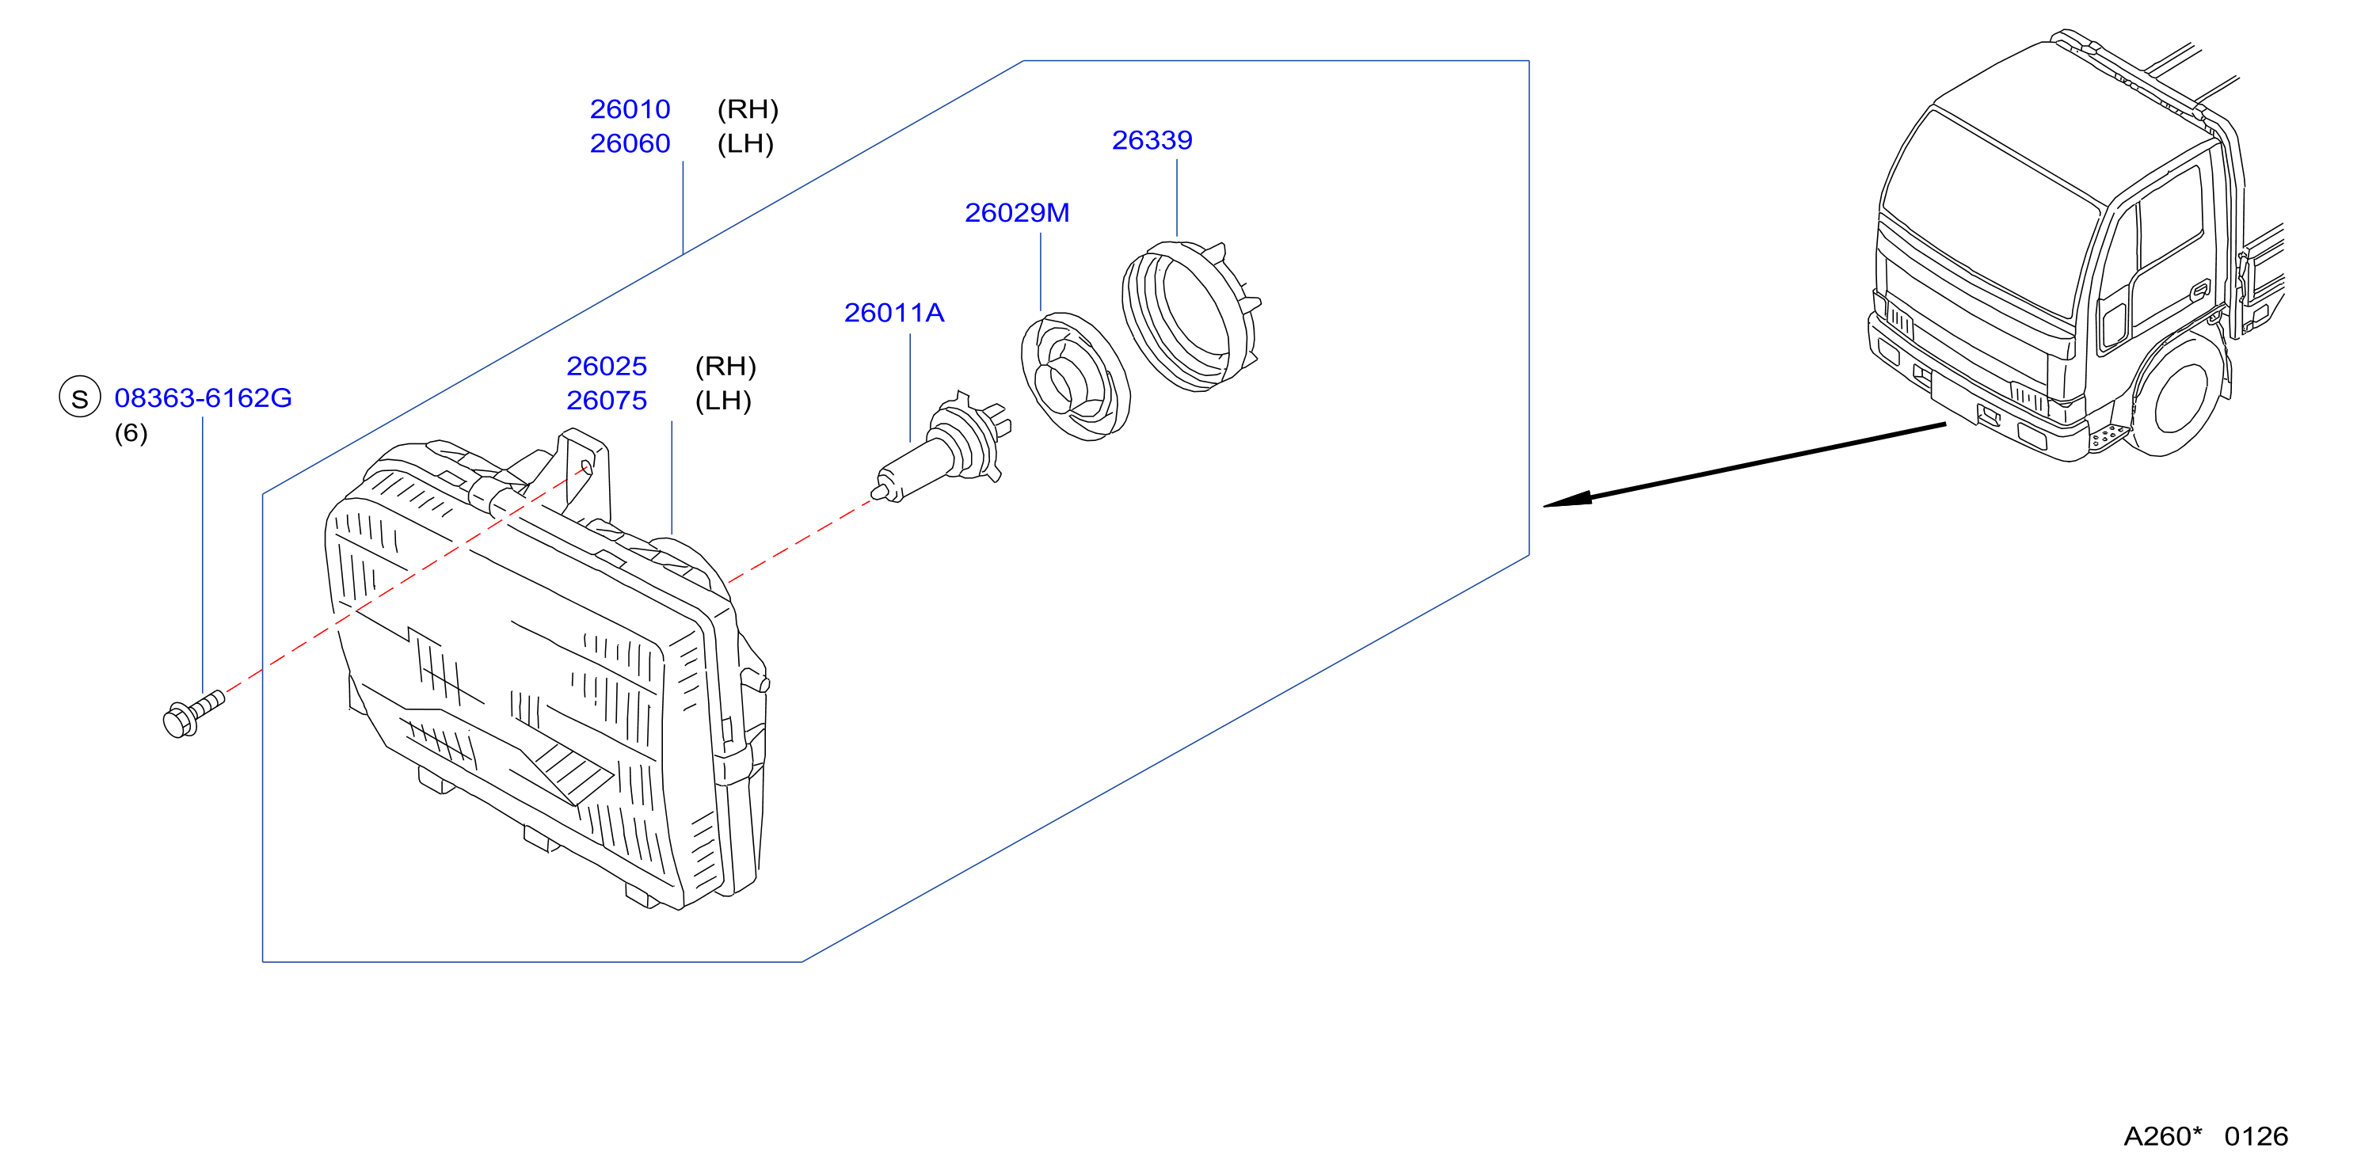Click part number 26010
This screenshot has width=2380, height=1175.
click(x=630, y=109)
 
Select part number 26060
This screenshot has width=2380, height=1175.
click(x=630, y=143)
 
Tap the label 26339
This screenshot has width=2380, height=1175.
click(x=1152, y=139)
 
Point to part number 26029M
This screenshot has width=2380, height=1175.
click(x=1017, y=212)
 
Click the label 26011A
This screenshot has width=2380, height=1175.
click(x=894, y=312)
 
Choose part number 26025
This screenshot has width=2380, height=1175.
click(x=607, y=366)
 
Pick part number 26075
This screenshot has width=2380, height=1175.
click(x=607, y=400)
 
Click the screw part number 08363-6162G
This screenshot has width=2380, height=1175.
click(x=204, y=397)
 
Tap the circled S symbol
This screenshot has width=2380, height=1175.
click(x=79, y=397)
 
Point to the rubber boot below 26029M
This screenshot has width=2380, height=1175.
click(x=1076, y=376)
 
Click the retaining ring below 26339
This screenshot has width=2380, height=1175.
click(x=1190, y=316)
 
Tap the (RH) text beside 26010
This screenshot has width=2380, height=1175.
click(x=748, y=109)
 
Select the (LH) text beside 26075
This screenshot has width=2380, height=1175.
click(x=723, y=400)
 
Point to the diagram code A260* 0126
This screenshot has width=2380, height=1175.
click(x=2206, y=1135)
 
